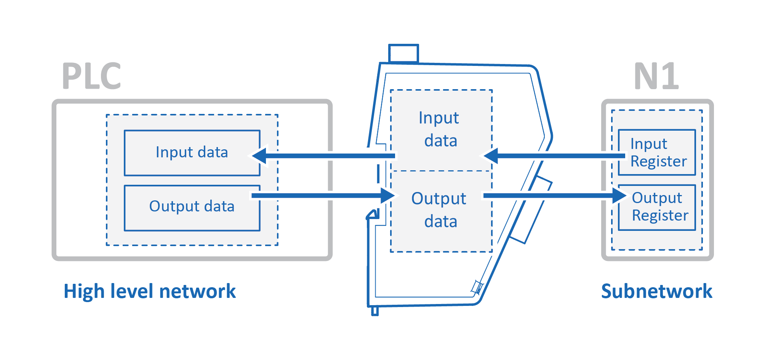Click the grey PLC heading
coord(91,76)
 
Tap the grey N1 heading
coord(656,76)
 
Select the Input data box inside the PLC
coord(192,153)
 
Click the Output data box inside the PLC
coord(192,208)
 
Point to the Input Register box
coord(657,152)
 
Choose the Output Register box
coord(657,208)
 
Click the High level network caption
coord(149,291)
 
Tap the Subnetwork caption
coord(656,291)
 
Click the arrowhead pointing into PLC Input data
coord(259,156)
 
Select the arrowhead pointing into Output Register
coord(619,196)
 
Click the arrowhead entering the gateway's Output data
coord(388,196)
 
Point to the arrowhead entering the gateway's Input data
coord(491,156)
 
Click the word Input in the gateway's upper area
coord(439,118)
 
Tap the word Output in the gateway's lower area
coord(439,199)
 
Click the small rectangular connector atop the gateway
coord(403,53)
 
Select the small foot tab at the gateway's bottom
coord(375,311)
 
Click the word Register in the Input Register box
coord(658,162)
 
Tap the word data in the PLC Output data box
coord(219,206)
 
